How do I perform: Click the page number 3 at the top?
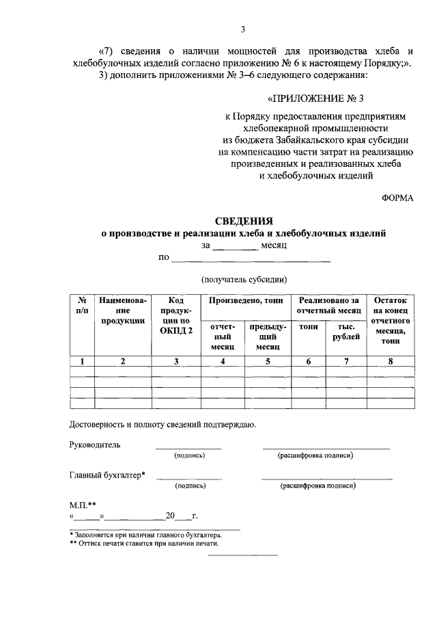point(243,29)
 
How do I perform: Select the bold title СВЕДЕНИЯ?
point(244,221)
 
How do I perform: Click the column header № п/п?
point(81,305)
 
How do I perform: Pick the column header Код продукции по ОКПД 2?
point(176,315)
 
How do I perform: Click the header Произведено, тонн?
point(244,300)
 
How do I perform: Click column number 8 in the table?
point(390,362)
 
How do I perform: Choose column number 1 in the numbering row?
point(81,362)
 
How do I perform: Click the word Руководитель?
point(95,445)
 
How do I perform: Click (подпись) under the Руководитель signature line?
point(189,456)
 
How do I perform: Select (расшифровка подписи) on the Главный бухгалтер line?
point(318,486)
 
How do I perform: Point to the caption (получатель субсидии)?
point(244,279)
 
